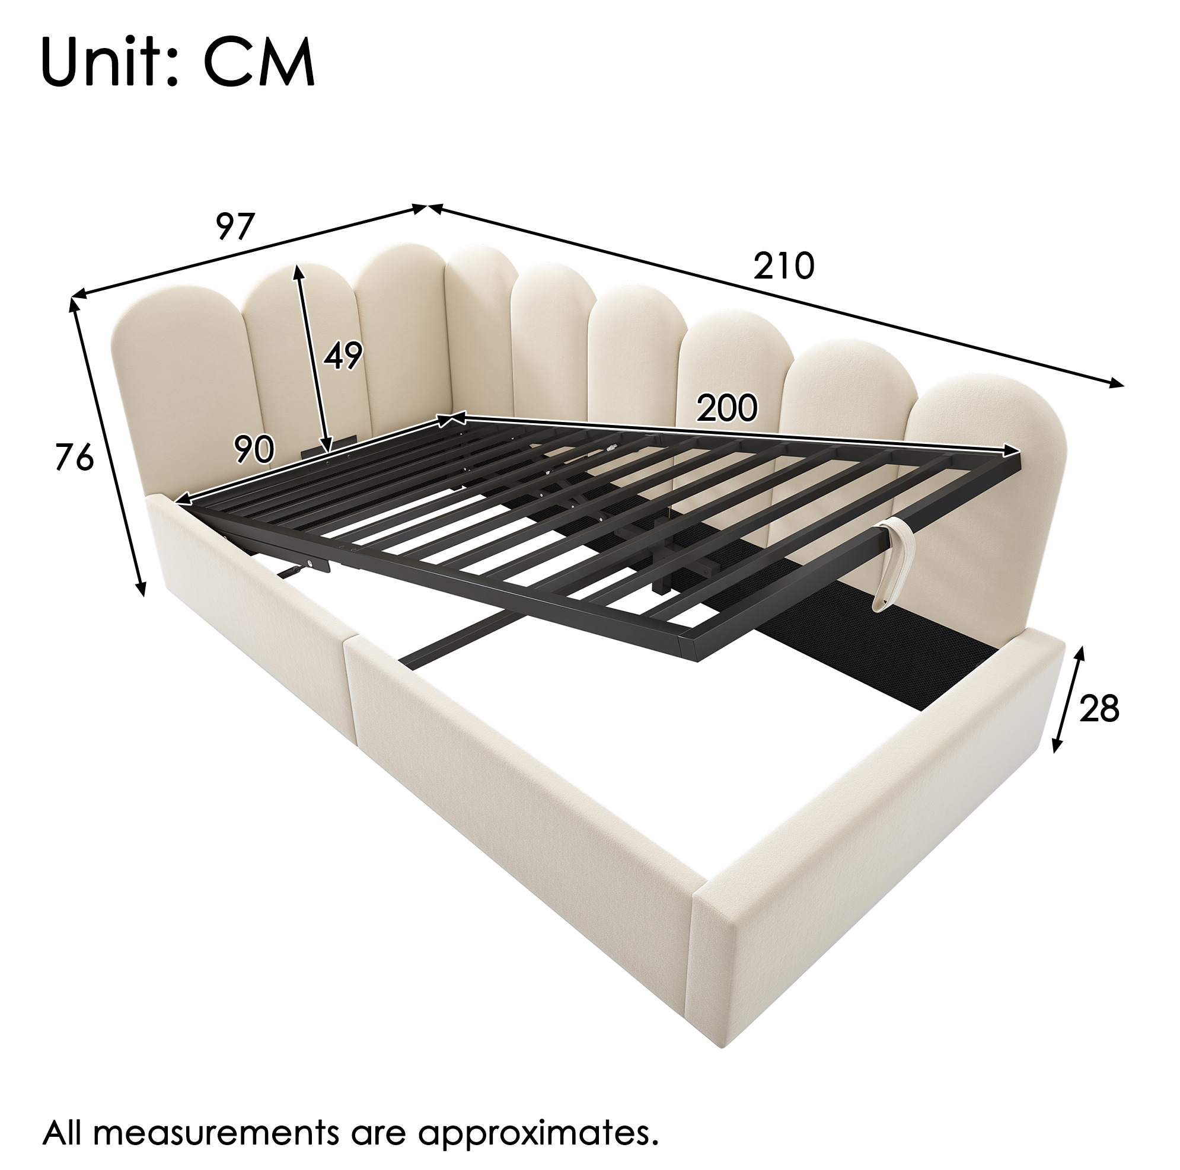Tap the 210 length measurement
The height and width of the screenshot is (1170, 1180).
point(784,265)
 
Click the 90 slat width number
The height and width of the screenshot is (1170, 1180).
point(254,450)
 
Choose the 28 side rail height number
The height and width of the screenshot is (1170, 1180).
point(1099,708)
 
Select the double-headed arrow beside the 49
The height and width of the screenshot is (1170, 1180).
point(312,359)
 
